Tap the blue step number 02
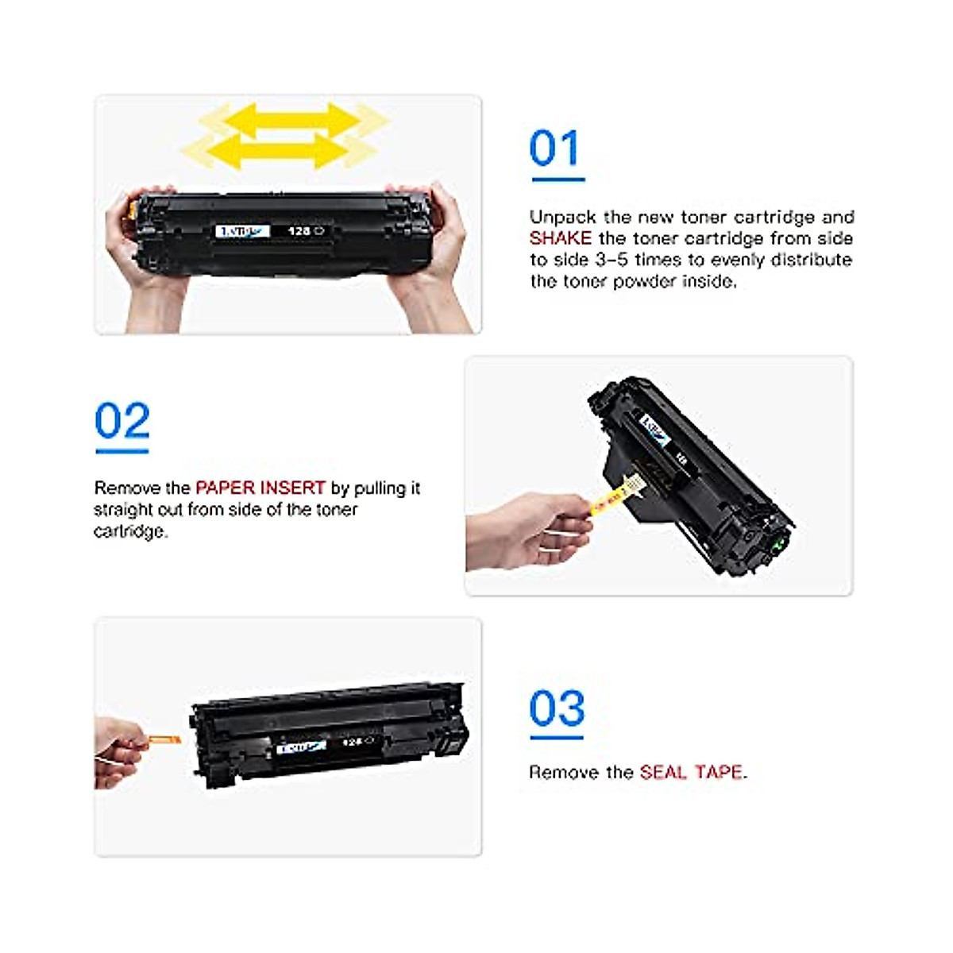click(x=122, y=421)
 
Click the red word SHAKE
click(x=561, y=238)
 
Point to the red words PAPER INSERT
click(x=260, y=488)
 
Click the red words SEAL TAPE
click(x=692, y=772)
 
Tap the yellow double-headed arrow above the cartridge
click(x=286, y=135)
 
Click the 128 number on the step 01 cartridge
click(x=299, y=230)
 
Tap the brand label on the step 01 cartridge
click(x=243, y=231)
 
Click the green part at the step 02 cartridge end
click(x=781, y=545)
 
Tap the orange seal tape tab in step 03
click(x=165, y=740)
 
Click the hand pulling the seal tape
click(x=118, y=750)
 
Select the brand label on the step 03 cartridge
click(x=301, y=747)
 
